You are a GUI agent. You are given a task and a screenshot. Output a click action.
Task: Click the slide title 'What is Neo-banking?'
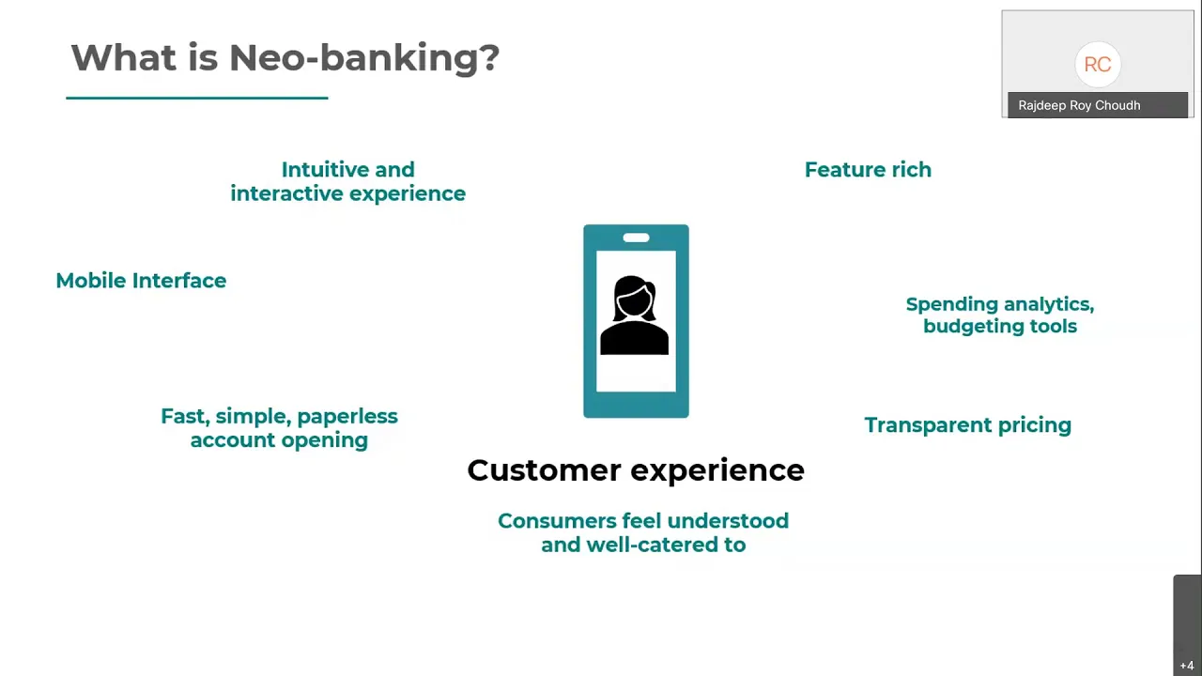click(285, 58)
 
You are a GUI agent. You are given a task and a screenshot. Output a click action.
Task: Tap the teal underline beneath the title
click(197, 98)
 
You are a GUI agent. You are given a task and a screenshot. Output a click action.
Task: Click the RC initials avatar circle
click(1098, 65)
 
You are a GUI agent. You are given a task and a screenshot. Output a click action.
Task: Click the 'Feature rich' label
click(868, 170)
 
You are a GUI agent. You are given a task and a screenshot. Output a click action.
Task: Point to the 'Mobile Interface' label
click(141, 281)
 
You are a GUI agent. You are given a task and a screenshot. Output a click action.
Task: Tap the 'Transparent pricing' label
click(968, 425)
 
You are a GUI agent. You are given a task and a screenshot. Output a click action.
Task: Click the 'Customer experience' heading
click(636, 470)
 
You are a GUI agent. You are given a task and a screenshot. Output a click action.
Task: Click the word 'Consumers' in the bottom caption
click(557, 521)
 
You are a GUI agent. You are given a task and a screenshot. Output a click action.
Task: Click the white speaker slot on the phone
click(636, 238)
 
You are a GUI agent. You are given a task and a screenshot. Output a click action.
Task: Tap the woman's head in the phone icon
click(634, 298)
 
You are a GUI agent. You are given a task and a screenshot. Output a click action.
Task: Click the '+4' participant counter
click(1187, 666)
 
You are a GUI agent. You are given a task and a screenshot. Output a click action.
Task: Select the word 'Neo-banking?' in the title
click(364, 58)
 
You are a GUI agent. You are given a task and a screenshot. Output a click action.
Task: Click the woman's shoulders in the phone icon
click(634, 337)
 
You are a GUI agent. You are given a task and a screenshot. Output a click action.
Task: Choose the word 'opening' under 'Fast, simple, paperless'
click(325, 440)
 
